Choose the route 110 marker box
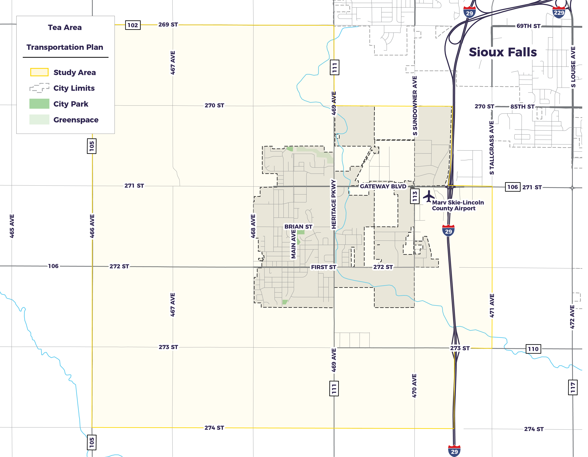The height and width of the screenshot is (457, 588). click(533, 349)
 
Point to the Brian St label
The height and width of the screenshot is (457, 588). click(298, 227)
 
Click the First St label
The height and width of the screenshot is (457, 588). click(323, 267)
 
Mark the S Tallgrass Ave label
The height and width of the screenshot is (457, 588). click(492, 148)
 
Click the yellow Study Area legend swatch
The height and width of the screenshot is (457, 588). click(39, 72)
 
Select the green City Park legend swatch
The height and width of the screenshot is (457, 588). click(39, 104)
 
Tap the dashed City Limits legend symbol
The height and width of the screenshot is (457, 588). click(39, 88)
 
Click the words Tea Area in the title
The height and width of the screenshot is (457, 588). click(65, 27)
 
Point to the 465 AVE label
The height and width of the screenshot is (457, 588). click(12, 226)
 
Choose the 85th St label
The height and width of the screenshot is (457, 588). click(522, 107)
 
